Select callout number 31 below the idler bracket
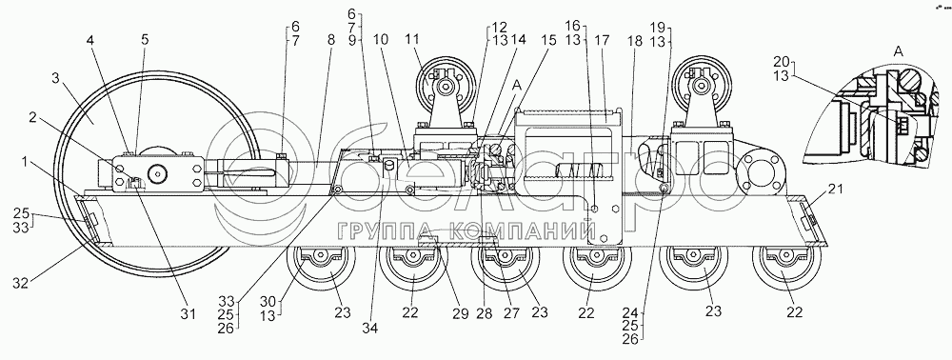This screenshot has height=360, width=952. [188, 313]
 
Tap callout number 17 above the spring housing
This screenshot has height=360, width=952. [604, 41]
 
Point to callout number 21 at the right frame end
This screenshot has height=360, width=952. [836, 190]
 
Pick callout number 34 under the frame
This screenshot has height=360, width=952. [370, 328]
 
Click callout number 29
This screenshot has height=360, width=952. [460, 313]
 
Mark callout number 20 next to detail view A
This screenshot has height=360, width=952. [782, 61]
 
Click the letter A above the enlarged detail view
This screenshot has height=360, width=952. [900, 52]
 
